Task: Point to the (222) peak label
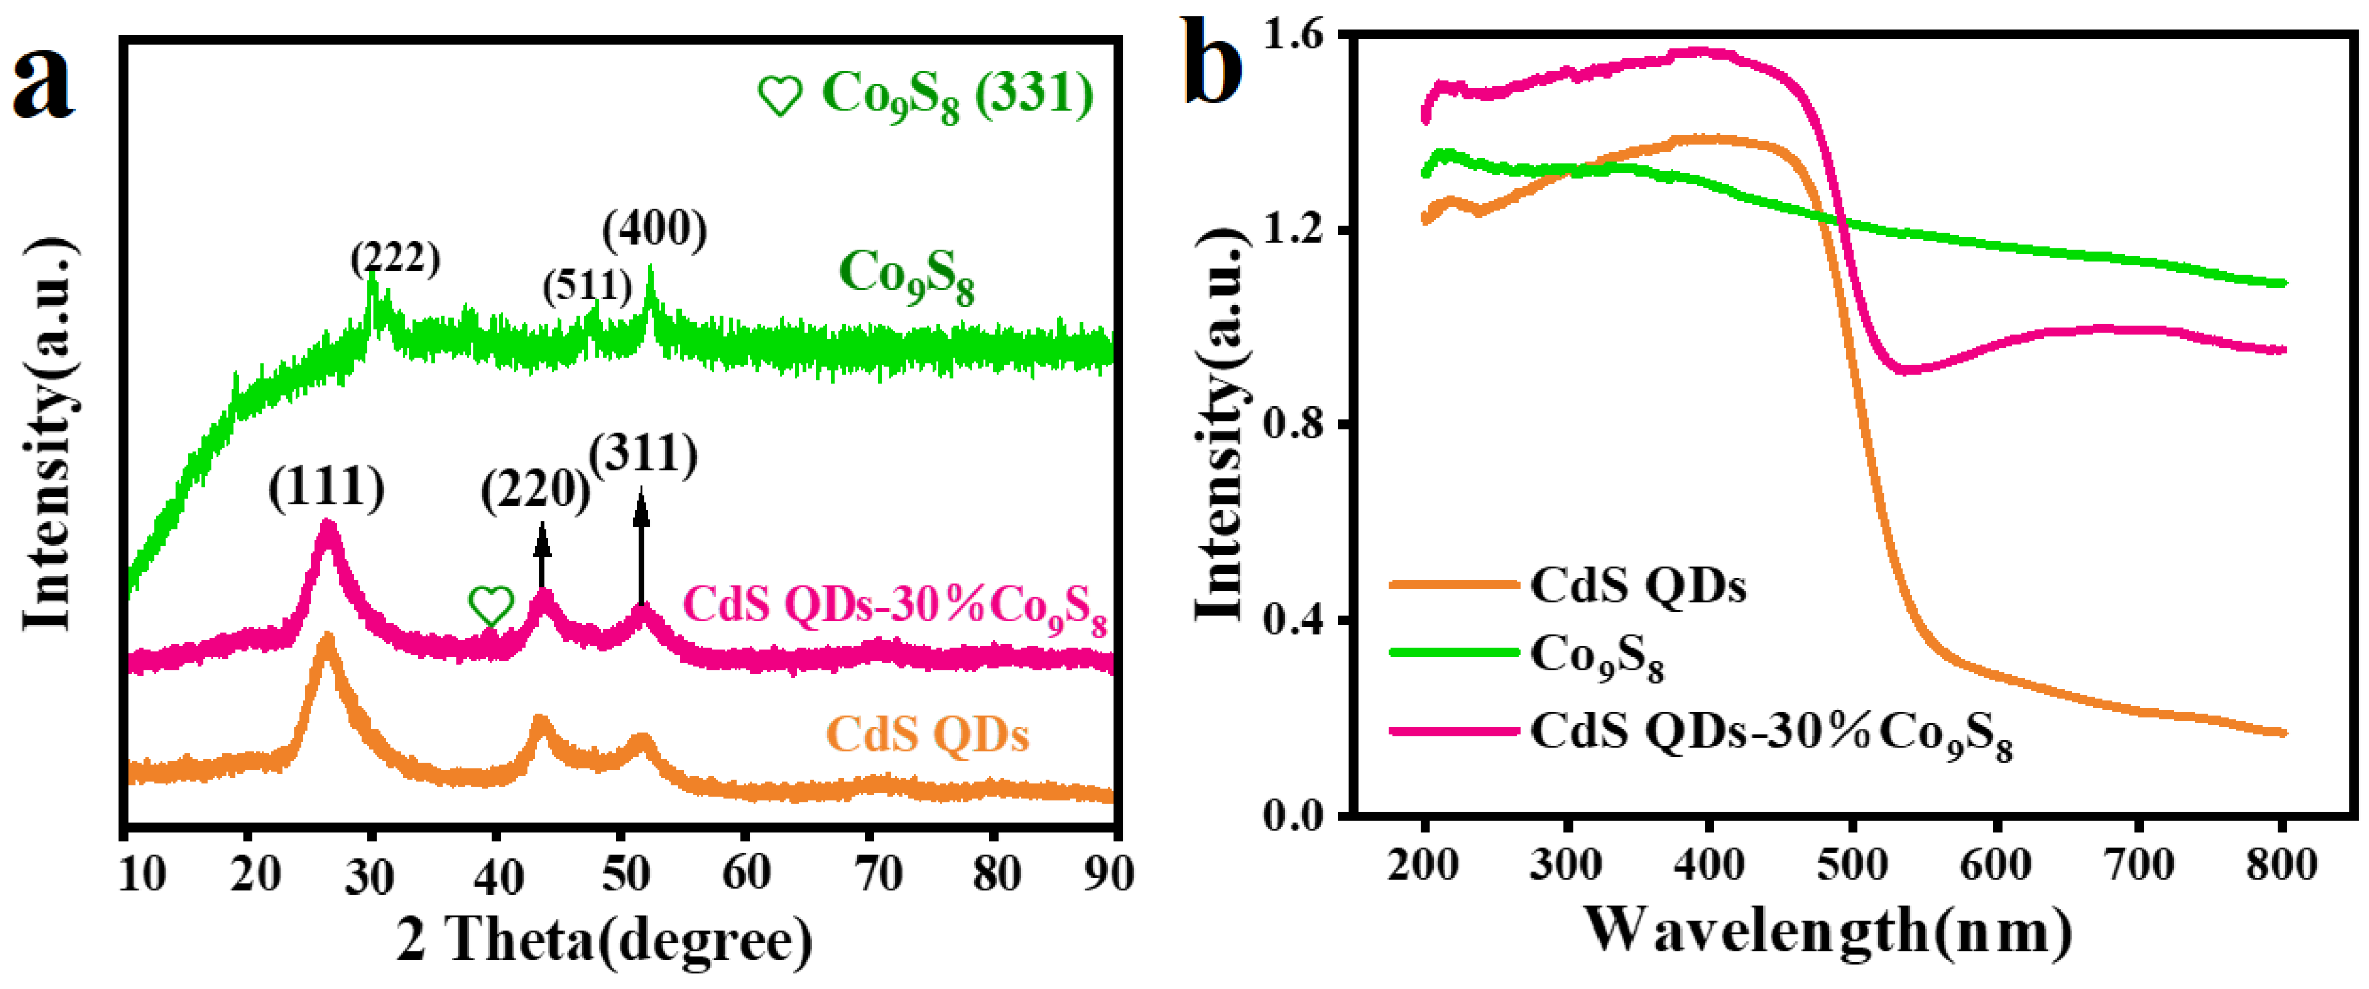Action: pos(395,258)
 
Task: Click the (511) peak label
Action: pos(586,286)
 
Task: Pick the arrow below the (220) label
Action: pos(543,556)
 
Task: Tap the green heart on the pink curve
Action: pos(491,606)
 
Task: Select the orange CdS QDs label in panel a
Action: pos(927,734)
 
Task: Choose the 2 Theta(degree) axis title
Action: pos(604,940)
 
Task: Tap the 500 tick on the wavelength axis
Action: pos(1852,865)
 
